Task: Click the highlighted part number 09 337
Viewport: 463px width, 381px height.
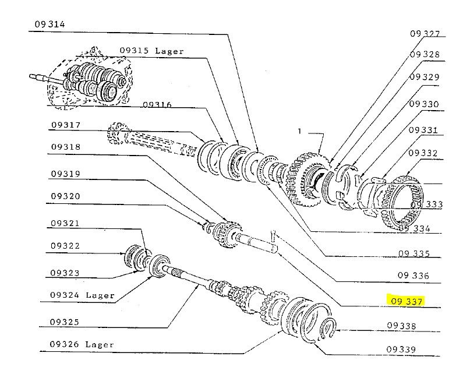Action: (x=407, y=301)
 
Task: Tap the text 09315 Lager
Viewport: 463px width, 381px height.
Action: (x=151, y=51)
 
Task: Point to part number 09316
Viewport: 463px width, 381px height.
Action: (x=157, y=104)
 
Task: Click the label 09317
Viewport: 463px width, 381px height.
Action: (x=65, y=125)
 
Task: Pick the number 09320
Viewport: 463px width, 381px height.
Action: (x=65, y=196)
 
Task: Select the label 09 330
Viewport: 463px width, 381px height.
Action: (x=424, y=104)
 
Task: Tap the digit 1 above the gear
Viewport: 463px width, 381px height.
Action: (x=299, y=132)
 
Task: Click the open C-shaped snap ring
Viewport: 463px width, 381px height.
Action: (x=328, y=330)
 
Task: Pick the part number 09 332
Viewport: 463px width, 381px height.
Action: (x=423, y=153)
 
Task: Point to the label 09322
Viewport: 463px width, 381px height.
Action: (x=65, y=246)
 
